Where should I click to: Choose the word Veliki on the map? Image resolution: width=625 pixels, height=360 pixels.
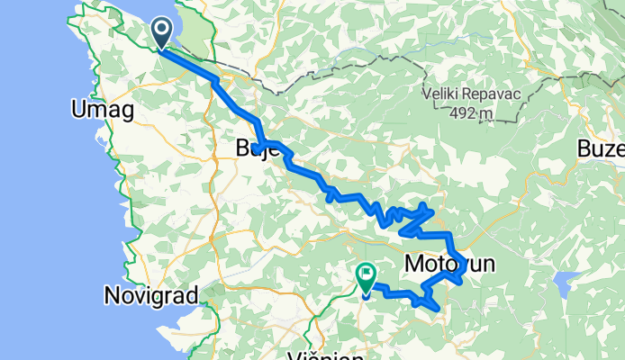tap(448, 94)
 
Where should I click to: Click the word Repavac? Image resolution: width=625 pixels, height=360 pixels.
tap(500, 94)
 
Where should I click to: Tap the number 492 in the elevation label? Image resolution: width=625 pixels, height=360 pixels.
tap(463, 112)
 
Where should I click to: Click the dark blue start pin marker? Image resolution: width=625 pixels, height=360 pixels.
tap(162, 32)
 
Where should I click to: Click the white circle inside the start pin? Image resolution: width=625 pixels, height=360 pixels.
tap(162, 30)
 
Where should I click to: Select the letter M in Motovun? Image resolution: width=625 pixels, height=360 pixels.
tap(414, 265)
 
